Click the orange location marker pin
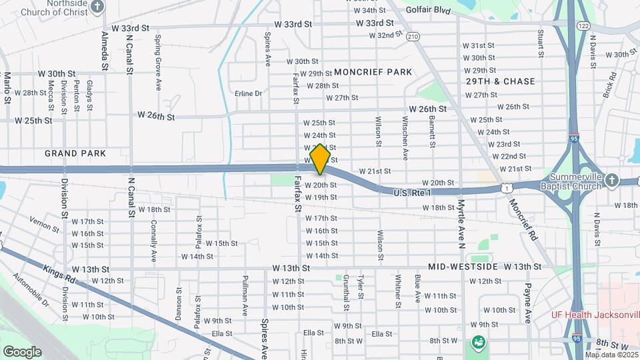320,159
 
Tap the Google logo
22,352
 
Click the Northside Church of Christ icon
98,7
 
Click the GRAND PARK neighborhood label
75,153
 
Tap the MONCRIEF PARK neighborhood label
373,71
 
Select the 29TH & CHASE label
500,81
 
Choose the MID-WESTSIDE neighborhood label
463,267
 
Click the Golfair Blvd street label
429,11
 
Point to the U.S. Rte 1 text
413,192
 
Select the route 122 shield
583,25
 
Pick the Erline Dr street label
249,93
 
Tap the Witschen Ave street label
405,137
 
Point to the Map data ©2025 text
611,355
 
